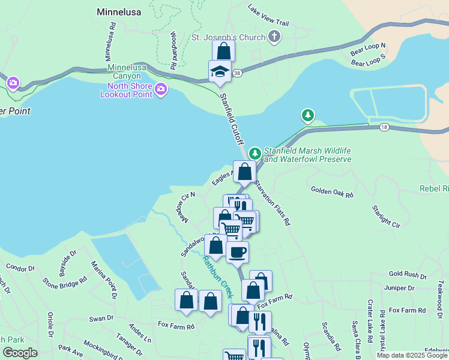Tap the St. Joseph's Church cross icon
pos(274,37)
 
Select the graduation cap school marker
pos(220,72)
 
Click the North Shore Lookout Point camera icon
pos(160,90)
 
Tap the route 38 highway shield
pos(238,73)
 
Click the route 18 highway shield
pos(384,127)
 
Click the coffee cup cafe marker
pos(237,252)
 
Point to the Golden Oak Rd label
pos(332,191)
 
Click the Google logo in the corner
pos(20,353)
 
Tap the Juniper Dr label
pos(399,288)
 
